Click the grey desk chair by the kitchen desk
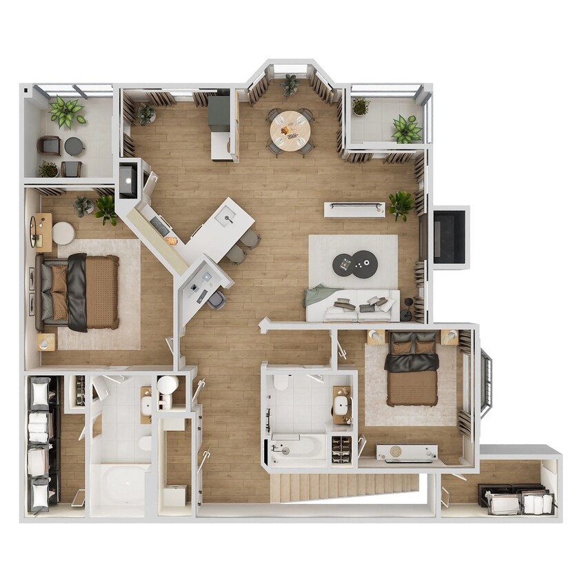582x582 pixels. pyautogui.click(x=217, y=300)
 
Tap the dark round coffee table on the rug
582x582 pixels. pyautogui.click(x=355, y=263)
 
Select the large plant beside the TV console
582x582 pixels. pyautogui.click(x=400, y=204)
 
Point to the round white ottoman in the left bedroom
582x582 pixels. pyautogui.click(x=63, y=233)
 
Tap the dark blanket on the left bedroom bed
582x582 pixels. pyautogui.click(x=77, y=292)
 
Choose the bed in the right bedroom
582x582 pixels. pyautogui.click(x=412, y=370)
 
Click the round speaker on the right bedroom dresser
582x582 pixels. pyautogui.click(x=396, y=452)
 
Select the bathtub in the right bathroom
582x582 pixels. pyautogui.click(x=298, y=448)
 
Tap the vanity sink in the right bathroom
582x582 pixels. pyautogui.click(x=341, y=405)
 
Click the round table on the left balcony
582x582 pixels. pyautogui.click(x=74, y=145)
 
